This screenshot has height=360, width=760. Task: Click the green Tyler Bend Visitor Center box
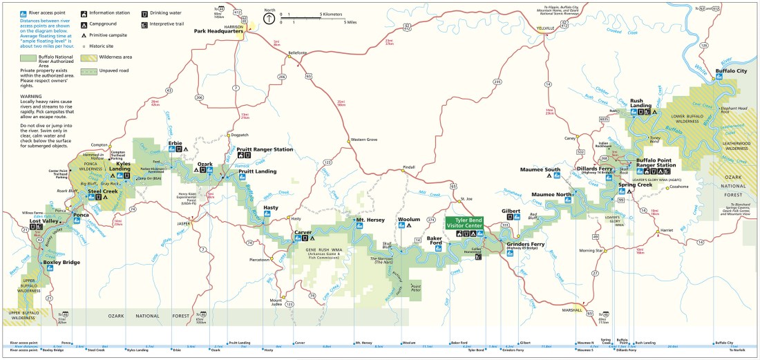coord(464,222)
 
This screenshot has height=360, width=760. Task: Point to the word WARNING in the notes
coord(30,96)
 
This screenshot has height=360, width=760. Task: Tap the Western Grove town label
coord(364,140)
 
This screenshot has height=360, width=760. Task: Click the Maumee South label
coord(541,169)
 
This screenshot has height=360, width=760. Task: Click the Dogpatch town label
coord(239,135)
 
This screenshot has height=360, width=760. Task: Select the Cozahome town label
coord(679,187)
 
